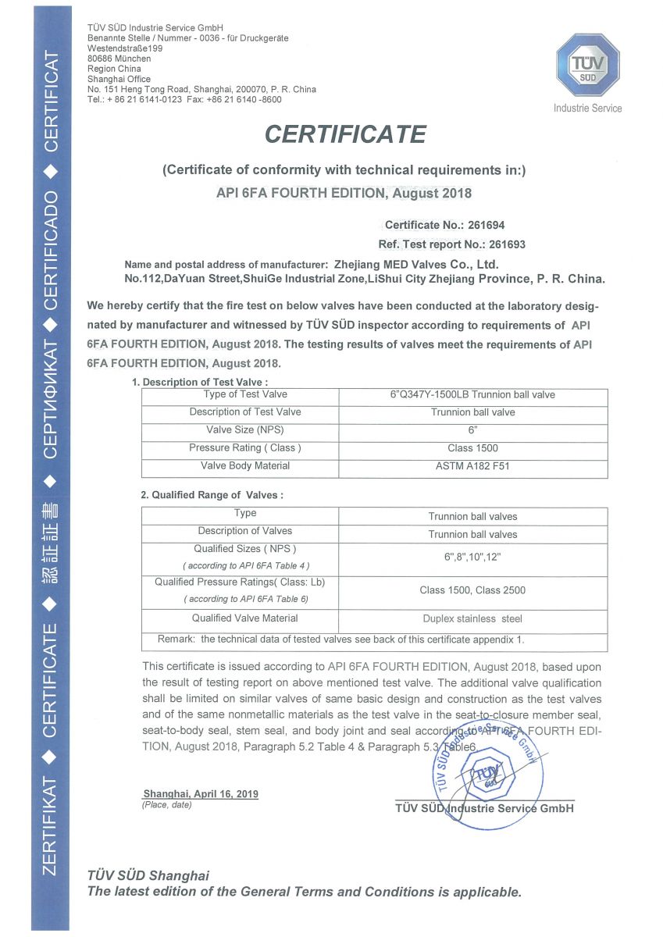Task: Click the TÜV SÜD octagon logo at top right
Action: [587, 66]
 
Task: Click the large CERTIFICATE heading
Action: [345, 134]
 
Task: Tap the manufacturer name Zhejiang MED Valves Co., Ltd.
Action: [415, 264]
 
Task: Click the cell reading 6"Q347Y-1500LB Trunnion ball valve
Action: [472, 394]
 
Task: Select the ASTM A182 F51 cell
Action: [472, 466]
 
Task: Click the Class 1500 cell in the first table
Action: [472, 448]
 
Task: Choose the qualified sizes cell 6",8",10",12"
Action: [472, 556]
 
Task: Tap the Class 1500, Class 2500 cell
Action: [472, 590]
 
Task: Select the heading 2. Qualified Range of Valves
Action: [212, 495]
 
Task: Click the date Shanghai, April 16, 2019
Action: [201, 793]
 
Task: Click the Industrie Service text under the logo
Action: [587, 108]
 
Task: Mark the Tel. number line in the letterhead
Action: [184, 100]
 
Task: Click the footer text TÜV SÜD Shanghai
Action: [148, 875]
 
